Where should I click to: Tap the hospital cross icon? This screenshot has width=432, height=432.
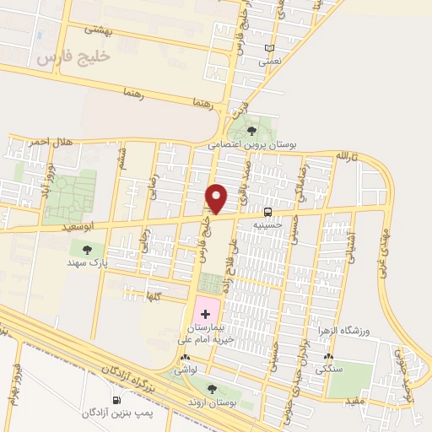point(206,313)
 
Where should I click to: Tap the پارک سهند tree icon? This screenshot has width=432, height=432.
point(87,250)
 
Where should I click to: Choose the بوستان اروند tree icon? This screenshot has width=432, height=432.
point(212,389)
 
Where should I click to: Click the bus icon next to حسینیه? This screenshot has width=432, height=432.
point(267,212)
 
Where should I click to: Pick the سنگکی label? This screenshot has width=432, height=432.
point(328,370)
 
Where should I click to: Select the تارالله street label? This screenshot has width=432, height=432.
point(348,158)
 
